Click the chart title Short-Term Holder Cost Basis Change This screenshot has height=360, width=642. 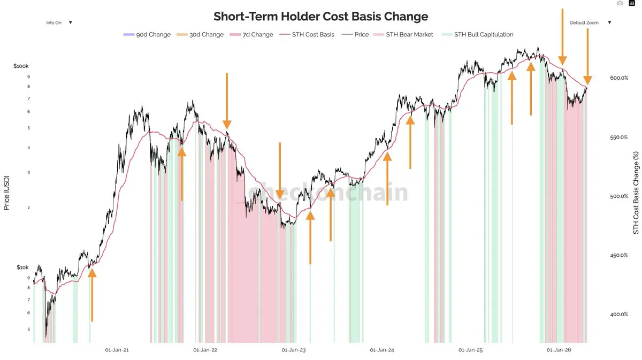pos(320,16)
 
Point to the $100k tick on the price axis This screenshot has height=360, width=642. pos(21,66)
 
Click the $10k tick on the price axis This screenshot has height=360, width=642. pos(22,267)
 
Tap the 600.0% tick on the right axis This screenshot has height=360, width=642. pos(618,78)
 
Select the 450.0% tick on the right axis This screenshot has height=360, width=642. pos(618,255)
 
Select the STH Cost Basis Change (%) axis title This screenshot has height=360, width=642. pos(636,192)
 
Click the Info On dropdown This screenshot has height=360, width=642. pos(59,22)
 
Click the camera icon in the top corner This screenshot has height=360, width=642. pos(620,3)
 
